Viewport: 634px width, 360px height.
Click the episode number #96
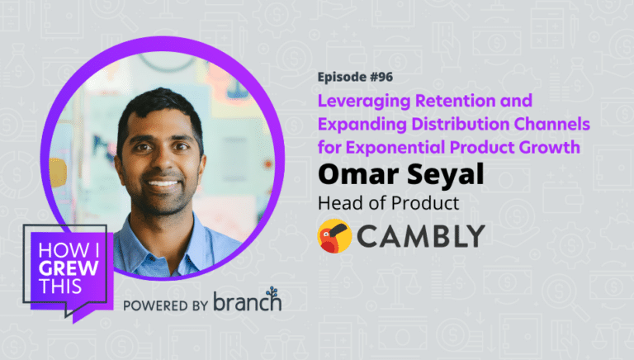click(380, 77)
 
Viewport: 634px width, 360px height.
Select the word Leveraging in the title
click(364, 102)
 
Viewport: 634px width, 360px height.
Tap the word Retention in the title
click(456, 101)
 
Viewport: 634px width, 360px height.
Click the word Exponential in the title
click(395, 148)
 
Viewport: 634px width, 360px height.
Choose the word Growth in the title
click(550, 147)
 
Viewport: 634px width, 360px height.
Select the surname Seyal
click(445, 175)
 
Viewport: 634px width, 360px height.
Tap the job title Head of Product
click(389, 203)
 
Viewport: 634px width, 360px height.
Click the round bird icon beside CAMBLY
click(334, 236)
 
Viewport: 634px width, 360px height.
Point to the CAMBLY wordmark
click(421, 236)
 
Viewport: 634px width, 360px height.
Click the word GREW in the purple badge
click(69, 268)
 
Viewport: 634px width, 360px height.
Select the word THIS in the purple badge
click(59, 287)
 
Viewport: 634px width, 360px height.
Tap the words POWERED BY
click(165, 306)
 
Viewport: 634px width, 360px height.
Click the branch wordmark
click(248, 301)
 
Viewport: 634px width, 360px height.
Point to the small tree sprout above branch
click(272, 292)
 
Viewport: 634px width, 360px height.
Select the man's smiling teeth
click(162, 183)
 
